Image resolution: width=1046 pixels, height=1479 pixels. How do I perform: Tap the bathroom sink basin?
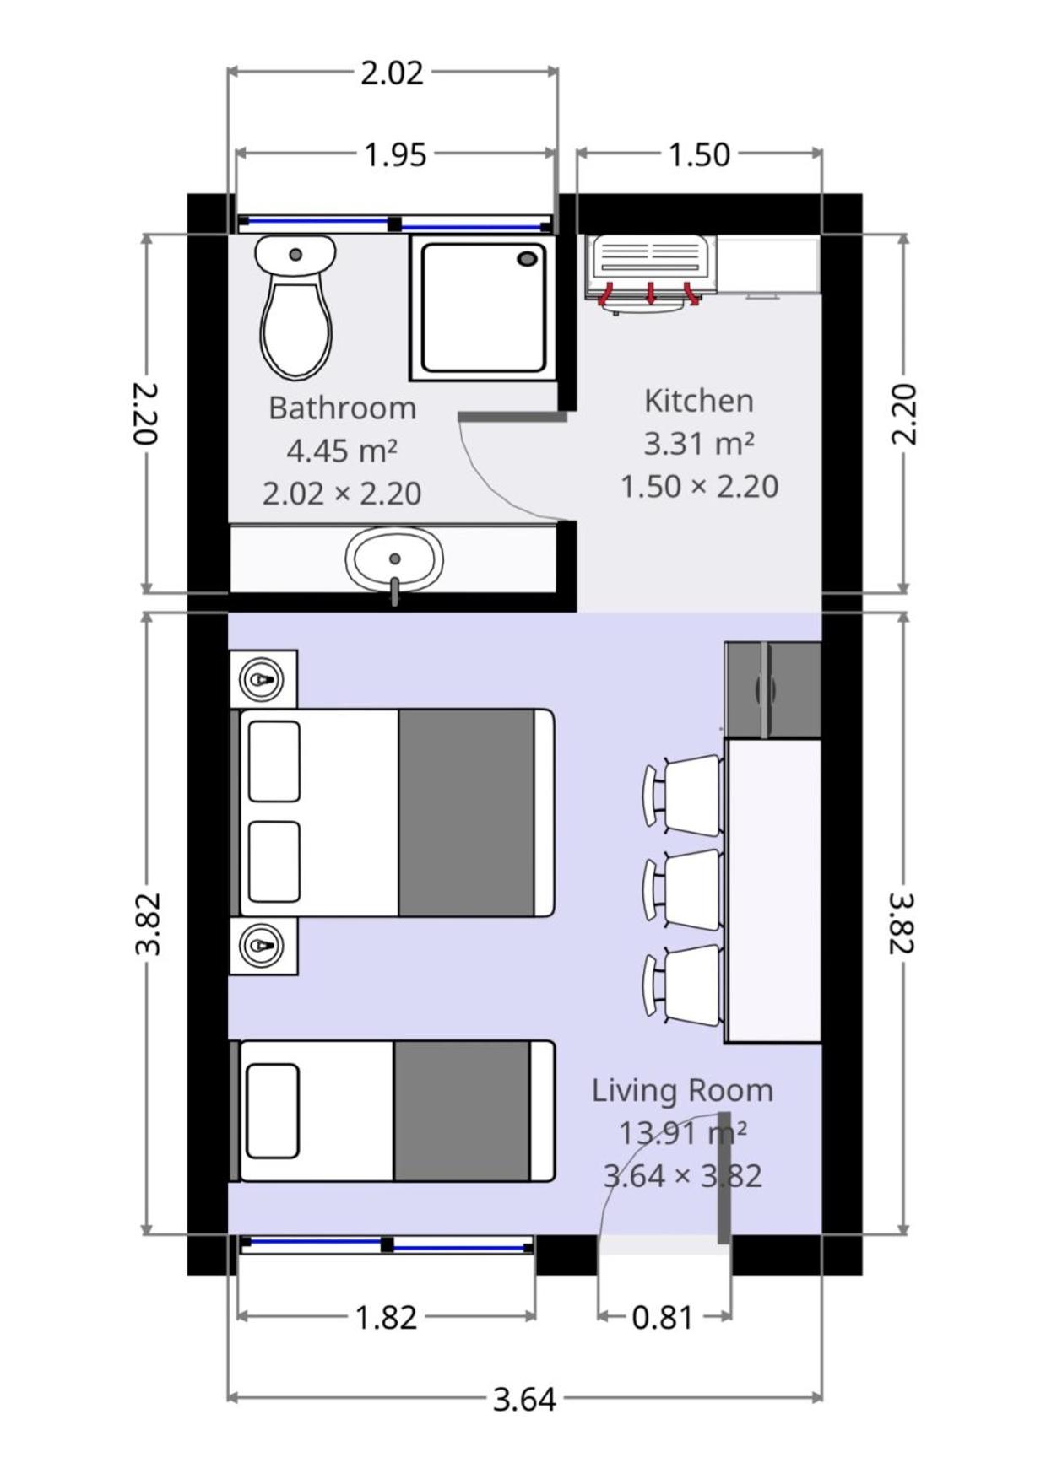point(394,559)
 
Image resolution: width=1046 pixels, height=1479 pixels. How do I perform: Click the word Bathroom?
point(342,408)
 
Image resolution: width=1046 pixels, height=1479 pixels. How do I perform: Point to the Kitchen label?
point(698,401)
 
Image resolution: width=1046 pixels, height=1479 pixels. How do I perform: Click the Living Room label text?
point(682,1090)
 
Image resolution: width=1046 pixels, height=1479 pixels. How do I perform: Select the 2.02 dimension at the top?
point(392,73)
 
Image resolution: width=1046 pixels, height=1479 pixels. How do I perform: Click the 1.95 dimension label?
point(395,155)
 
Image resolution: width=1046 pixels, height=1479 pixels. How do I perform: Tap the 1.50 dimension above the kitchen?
point(699,155)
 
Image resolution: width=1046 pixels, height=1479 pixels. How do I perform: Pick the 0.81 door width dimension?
point(663,1317)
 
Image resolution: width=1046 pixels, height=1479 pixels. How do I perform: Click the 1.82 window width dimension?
point(386,1317)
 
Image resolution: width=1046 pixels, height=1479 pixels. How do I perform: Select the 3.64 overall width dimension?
point(524,1400)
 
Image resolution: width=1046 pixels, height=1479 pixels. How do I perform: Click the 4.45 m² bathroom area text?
point(342,451)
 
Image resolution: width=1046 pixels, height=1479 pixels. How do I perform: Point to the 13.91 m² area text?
point(682,1132)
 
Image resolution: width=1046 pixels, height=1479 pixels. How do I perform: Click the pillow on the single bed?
point(273,1110)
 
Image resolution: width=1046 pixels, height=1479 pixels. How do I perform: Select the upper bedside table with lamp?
point(263,678)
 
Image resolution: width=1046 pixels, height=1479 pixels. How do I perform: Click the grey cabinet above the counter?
point(772,689)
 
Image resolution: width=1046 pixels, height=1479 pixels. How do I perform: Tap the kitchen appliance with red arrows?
point(650,273)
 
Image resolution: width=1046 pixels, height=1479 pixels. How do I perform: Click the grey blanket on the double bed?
point(466,812)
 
